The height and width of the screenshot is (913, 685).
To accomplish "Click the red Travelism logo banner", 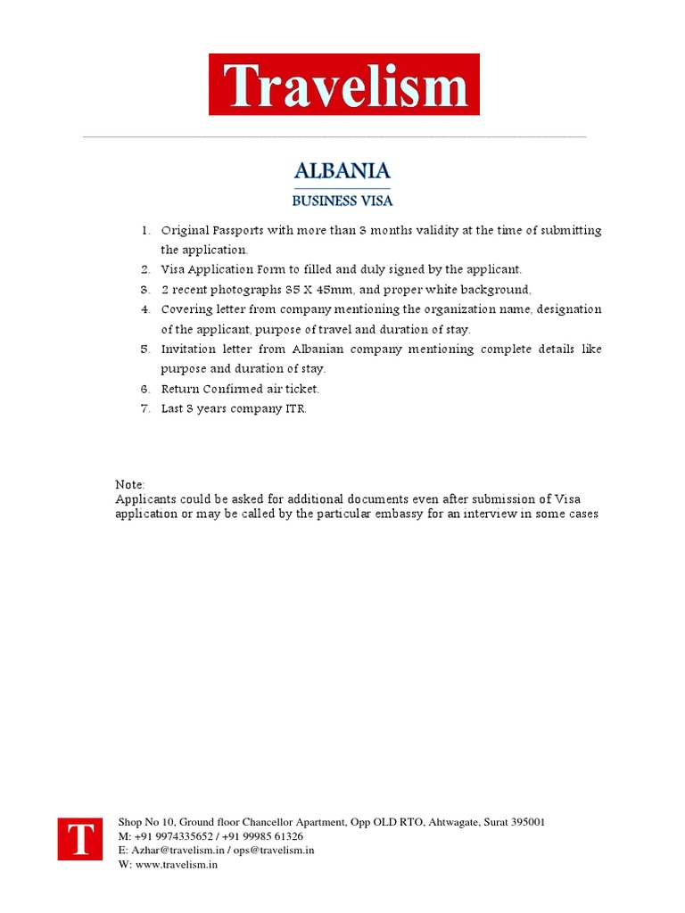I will pos(343,85).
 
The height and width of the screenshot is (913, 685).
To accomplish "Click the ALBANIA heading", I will pos(342,171).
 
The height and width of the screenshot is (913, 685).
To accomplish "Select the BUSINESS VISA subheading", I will pos(342,201).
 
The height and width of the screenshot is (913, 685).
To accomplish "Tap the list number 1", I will pos(144,230).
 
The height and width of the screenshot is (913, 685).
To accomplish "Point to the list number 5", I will pos(144,349).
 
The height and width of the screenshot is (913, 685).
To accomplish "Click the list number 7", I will pos(144,408).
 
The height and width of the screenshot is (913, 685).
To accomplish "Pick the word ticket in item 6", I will pos(299,389).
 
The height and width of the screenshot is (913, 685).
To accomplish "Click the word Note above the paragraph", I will pos(129,484).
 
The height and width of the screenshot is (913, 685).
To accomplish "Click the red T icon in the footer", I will pos(80,839).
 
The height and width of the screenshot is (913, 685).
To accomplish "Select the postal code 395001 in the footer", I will pos(525,822).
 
